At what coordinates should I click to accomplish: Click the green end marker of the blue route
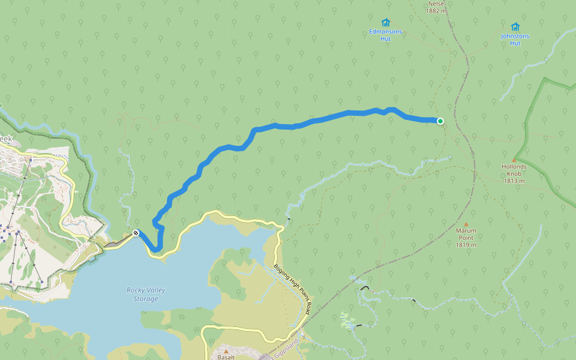[x=440, y=121]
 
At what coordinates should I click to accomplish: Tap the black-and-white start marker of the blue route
[x=136, y=233]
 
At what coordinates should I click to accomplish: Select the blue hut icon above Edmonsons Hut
[x=385, y=22]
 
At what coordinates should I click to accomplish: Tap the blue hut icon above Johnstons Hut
[x=515, y=26]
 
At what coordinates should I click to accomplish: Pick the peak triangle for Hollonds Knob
[x=514, y=160]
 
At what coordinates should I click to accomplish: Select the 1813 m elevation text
[x=514, y=181]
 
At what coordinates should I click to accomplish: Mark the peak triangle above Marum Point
[x=466, y=224]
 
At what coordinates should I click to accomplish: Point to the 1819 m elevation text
[x=466, y=245]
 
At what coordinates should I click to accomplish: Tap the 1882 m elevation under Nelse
[x=436, y=11]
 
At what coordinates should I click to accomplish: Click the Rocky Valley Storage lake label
[x=146, y=294]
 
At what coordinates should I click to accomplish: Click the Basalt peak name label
[x=226, y=357]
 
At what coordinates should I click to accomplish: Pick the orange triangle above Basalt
[x=226, y=350]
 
